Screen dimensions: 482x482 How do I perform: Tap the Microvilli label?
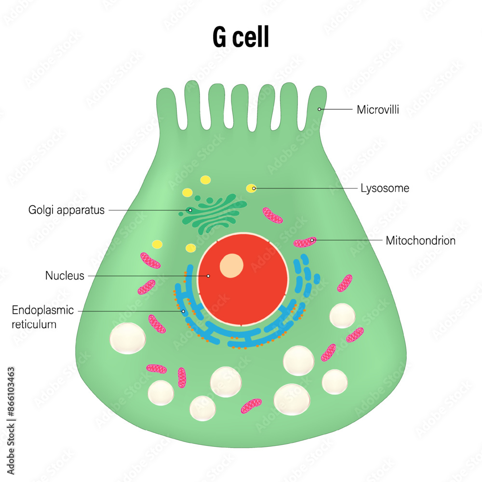378,110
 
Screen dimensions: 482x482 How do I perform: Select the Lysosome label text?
385,188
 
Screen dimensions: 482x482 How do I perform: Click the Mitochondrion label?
420,241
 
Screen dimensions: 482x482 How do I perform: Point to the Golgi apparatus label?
67,210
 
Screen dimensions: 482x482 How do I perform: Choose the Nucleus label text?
65,276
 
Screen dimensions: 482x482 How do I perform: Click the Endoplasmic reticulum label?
42,317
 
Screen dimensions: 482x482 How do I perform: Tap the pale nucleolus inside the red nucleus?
231,266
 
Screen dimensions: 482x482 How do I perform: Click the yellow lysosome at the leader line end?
252,188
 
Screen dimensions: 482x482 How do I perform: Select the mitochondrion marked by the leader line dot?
306,241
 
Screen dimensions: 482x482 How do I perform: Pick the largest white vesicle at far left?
127,337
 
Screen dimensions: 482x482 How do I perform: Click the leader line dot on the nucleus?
209,276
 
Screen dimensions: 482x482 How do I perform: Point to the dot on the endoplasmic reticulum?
183,311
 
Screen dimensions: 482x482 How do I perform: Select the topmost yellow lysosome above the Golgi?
205,180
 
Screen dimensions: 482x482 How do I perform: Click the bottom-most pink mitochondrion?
251,405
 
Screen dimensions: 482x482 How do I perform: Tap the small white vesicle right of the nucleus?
343,316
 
